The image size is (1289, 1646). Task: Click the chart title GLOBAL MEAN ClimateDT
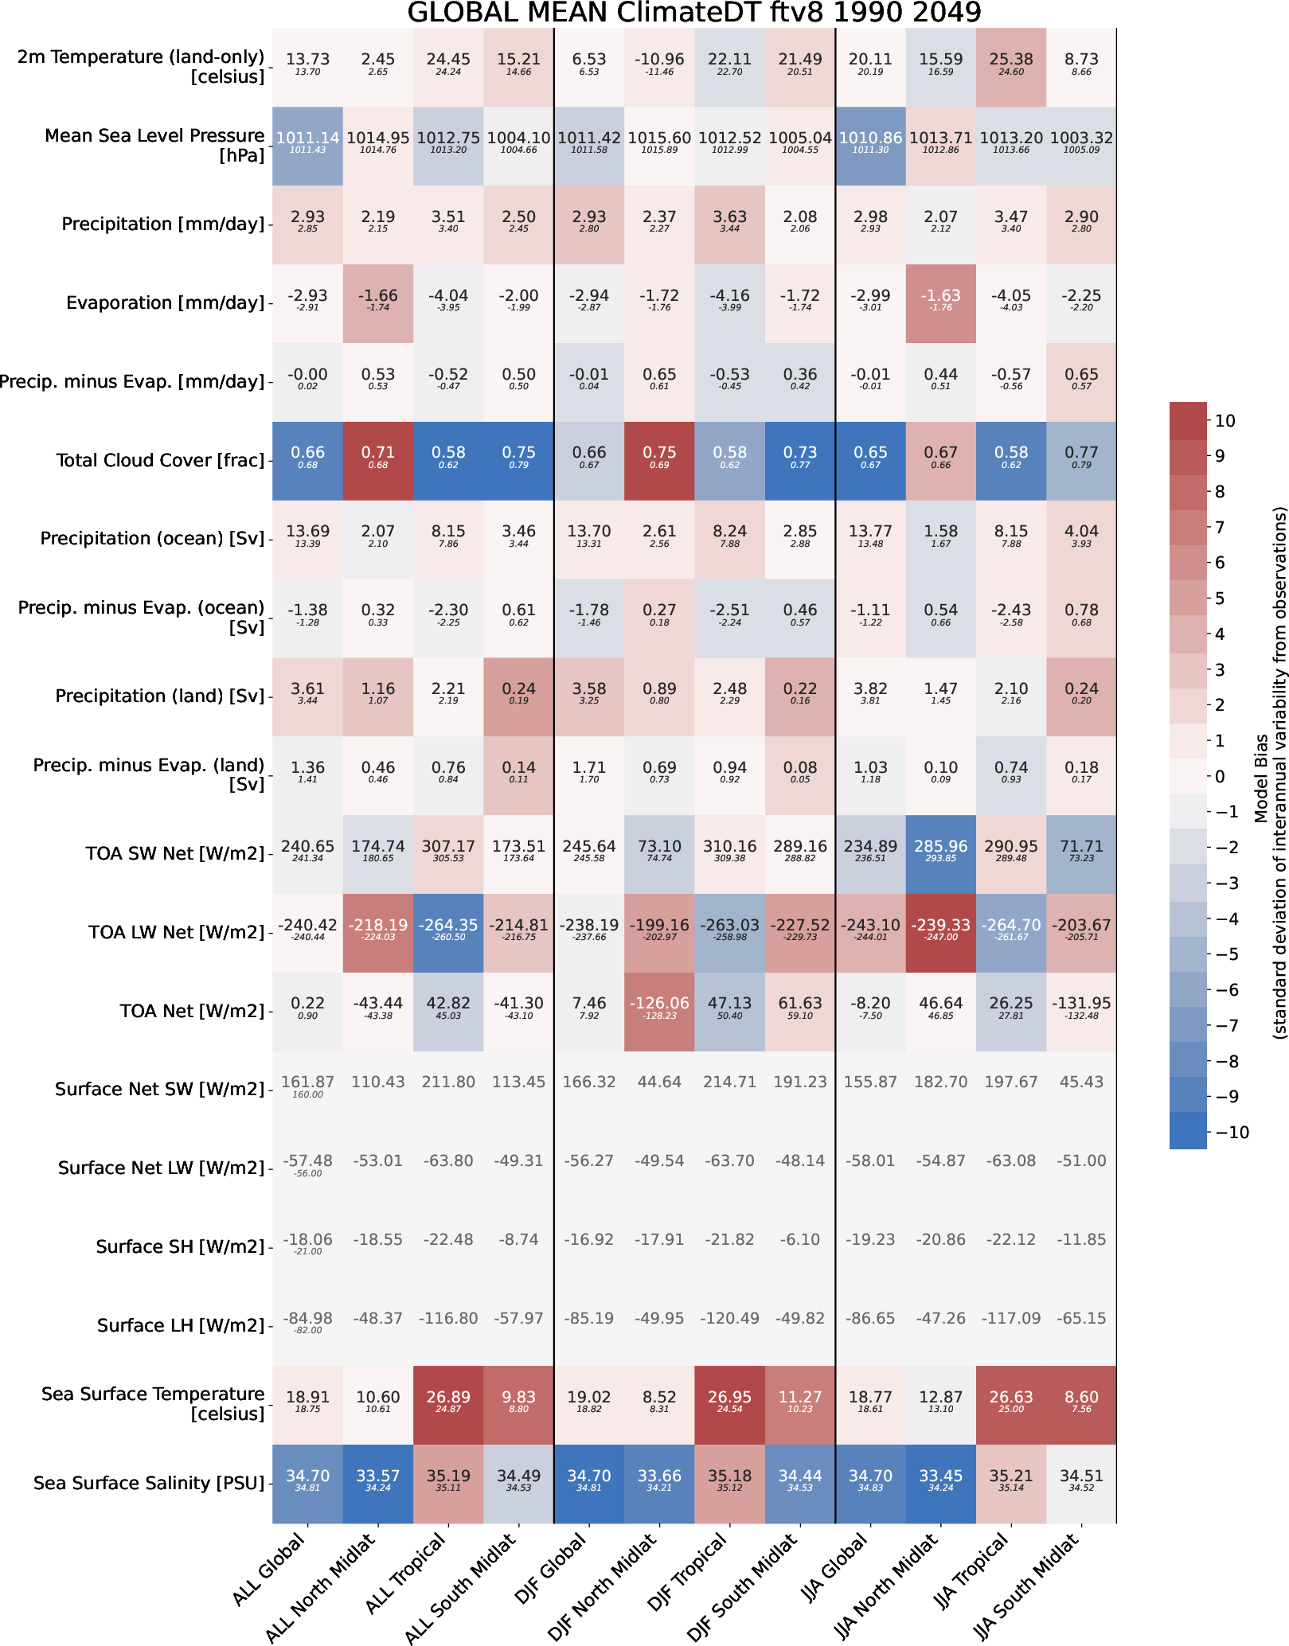click(x=693, y=13)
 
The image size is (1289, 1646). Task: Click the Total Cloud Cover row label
click(x=159, y=460)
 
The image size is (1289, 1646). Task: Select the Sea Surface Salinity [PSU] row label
click(x=149, y=1483)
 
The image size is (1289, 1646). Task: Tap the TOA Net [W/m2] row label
click(x=191, y=1011)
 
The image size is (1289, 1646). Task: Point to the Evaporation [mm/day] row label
click(x=165, y=302)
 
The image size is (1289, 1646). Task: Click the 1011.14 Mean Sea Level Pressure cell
click(x=307, y=138)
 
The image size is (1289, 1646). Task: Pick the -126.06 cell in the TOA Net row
click(x=659, y=1004)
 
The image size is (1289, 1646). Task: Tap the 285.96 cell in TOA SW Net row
click(x=940, y=846)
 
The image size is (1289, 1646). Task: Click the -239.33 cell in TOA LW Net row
click(x=940, y=925)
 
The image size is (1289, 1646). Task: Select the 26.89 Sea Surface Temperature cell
click(x=448, y=1397)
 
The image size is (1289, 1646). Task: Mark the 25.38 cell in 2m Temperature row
click(x=1010, y=59)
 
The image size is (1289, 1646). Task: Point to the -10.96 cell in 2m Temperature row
click(x=659, y=59)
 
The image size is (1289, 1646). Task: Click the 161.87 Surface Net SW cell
click(x=307, y=1082)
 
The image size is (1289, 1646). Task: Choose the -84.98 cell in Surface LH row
click(x=307, y=1318)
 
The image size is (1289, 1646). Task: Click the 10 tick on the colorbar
click(x=1225, y=421)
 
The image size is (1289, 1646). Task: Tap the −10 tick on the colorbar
click(x=1228, y=1133)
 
